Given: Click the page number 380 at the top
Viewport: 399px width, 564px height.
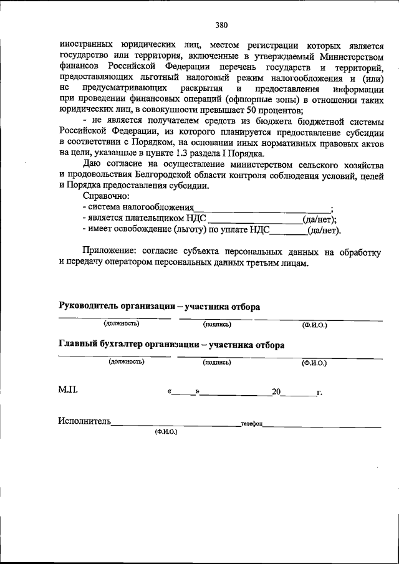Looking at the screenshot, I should (x=221, y=26).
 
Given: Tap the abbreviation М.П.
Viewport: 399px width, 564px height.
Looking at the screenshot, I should (x=68, y=390).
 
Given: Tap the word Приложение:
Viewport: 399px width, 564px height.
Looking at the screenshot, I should (x=110, y=251).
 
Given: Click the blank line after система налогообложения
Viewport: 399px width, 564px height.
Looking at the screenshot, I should (x=262, y=208).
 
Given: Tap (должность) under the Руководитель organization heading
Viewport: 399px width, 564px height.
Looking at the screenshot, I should (x=122, y=323).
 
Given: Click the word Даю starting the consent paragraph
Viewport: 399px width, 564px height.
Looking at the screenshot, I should (x=92, y=165).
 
